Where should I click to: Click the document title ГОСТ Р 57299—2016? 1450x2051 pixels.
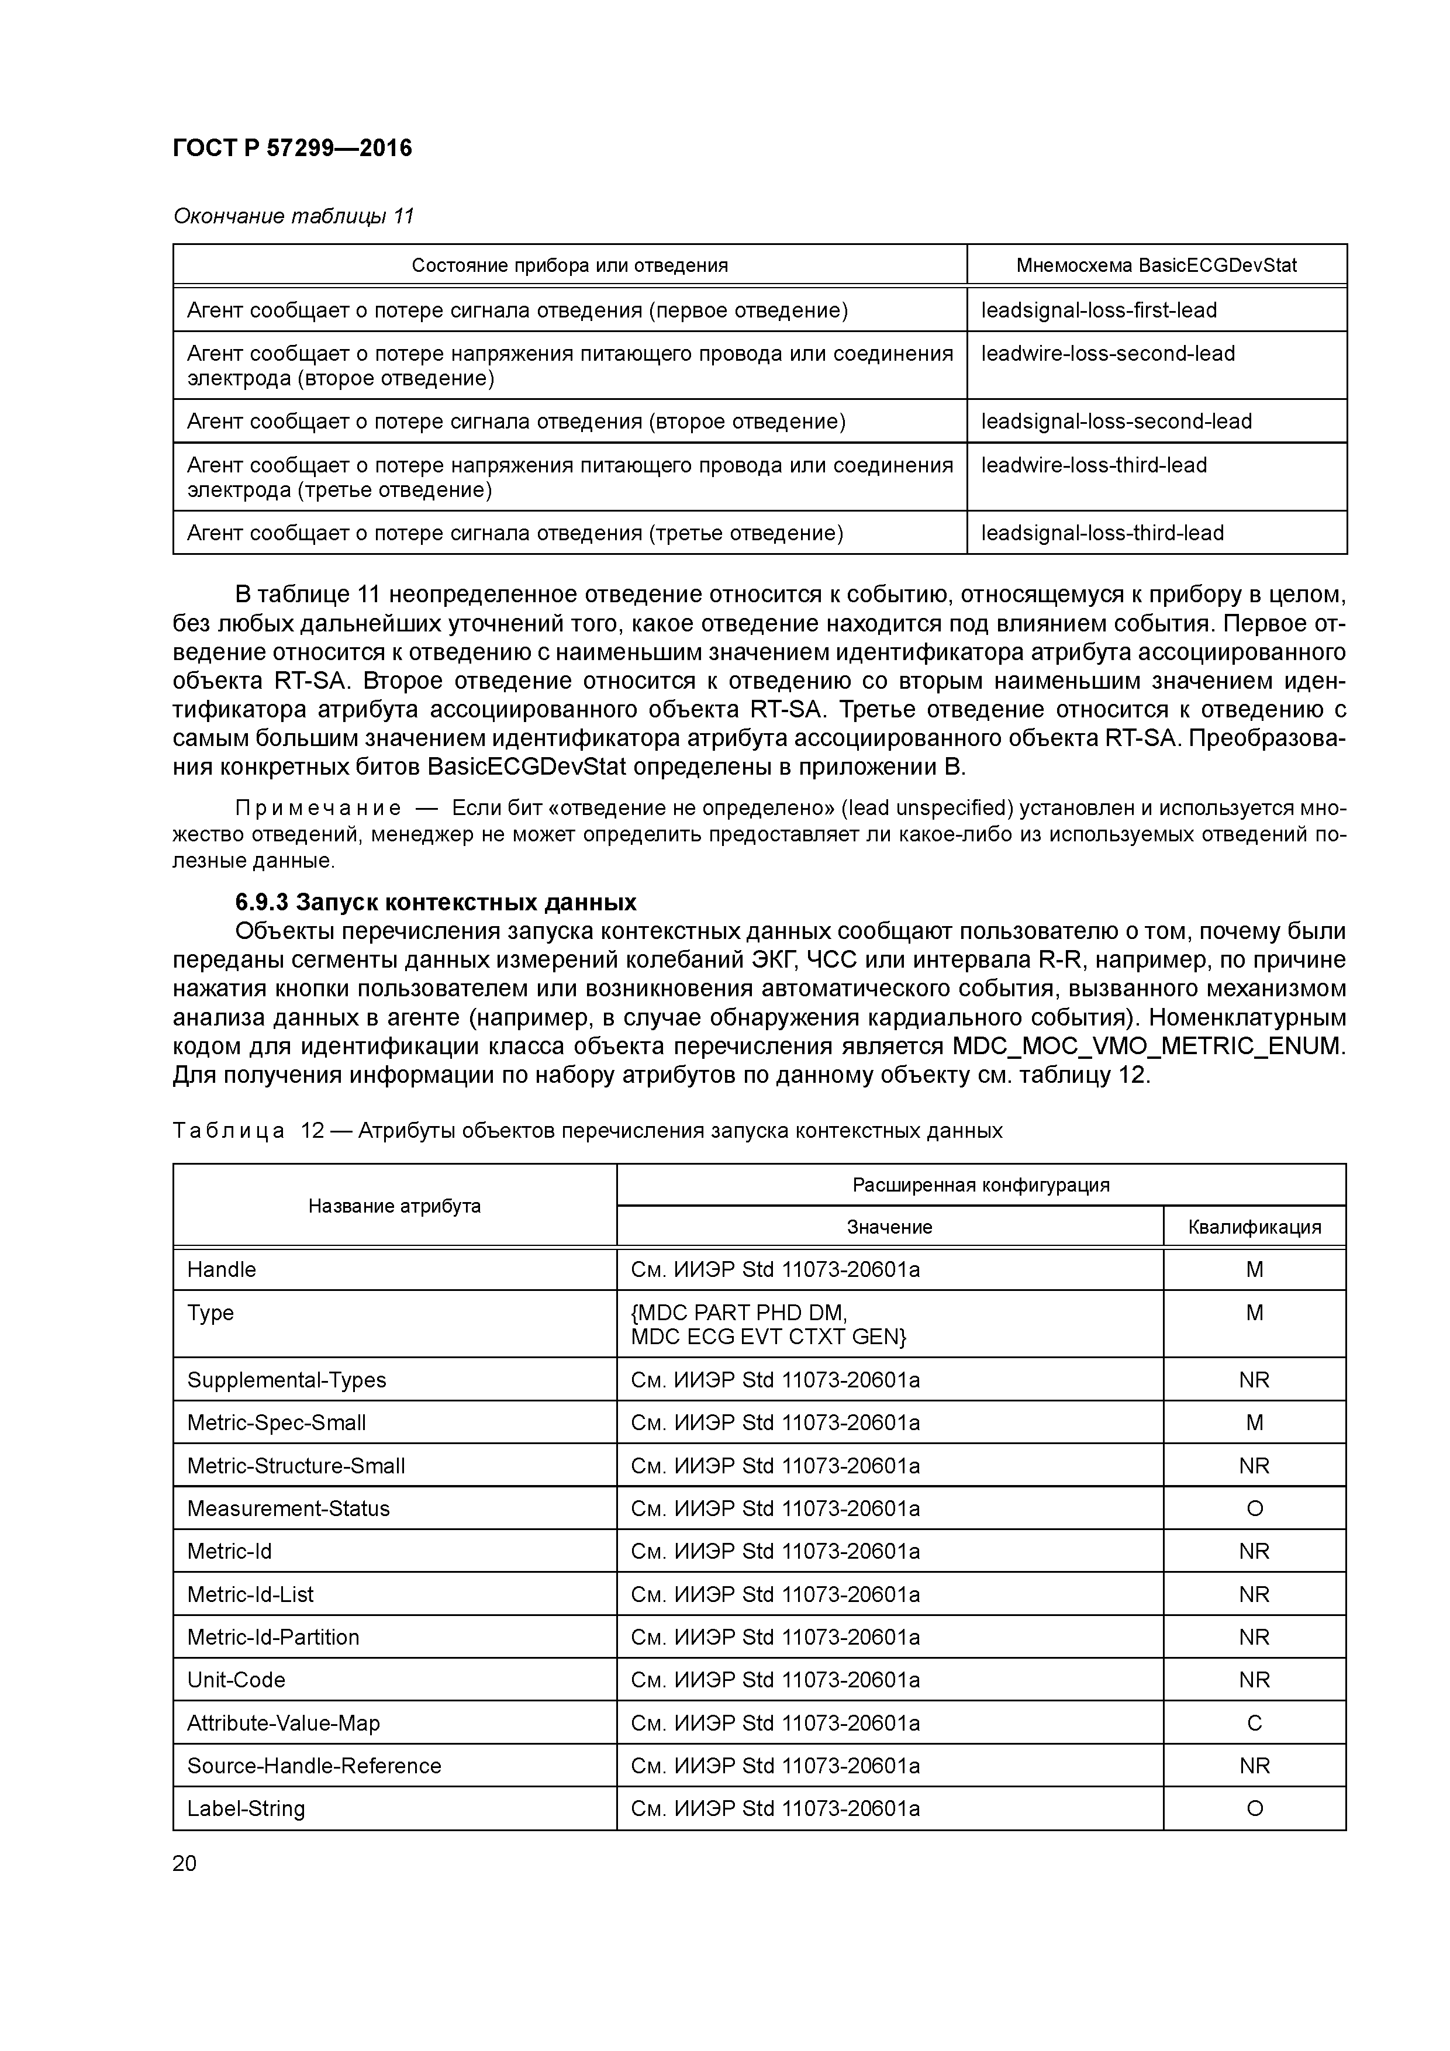click(292, 149)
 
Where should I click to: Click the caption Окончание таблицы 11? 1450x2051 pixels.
click(293, 216)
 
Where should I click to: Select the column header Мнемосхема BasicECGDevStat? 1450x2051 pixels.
click(1156, 265)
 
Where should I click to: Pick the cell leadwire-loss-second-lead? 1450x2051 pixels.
click(1108, 354)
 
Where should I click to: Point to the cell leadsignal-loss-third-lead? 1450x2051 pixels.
click(1103, 533)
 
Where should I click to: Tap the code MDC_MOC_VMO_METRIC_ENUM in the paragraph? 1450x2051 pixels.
click(1147, 1046)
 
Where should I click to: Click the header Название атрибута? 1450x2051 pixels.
click(394, 1206)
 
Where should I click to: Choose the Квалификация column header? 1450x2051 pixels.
click(1254, 1227)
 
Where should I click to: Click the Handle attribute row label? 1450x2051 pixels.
click(222, 1269)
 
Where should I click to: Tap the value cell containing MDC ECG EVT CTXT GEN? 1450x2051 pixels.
click(768, 1337)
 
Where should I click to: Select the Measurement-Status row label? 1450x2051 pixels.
click(289, 1509)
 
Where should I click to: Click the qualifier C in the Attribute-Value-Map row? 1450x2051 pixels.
click(1254, 1723)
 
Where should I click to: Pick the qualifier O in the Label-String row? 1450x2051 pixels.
click(1254, 1809)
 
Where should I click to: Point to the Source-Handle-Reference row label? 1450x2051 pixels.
click(313, 1766)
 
